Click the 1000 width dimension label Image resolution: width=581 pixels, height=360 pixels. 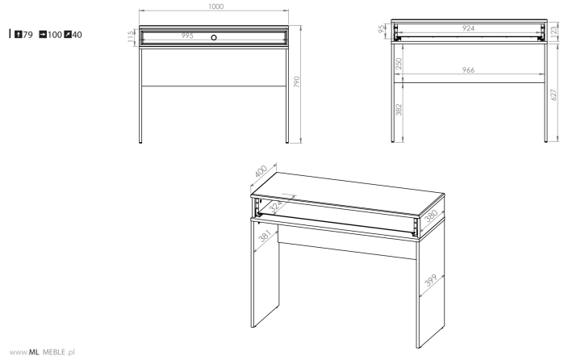[x=215, y=6]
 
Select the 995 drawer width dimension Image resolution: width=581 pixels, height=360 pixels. [x=187, y=36]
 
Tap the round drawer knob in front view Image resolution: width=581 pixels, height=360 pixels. [x=214, y=37]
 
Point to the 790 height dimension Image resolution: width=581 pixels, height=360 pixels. [x=296, y=82]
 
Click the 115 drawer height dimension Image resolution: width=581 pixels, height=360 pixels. [x=131, y=36]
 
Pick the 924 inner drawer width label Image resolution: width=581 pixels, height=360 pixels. [x=468, y=28]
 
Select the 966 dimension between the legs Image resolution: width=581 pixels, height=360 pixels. [x=468, y=69]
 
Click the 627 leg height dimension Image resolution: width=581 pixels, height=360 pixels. [x=554, y=95]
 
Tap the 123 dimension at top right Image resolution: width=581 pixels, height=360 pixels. [x=554, y=30]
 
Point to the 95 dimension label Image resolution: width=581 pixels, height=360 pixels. [x=382, y=29]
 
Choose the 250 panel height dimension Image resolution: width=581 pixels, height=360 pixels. [x=399, y=64]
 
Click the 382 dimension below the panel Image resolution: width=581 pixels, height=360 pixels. [x=399, y=109]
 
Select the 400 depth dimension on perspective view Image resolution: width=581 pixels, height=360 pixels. [x=261, y=171]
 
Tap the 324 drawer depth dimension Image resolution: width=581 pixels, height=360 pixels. [x=276, y=206]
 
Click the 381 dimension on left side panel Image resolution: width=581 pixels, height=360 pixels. [x=265, y=236]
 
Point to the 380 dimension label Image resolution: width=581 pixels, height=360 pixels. [x=431, y=216]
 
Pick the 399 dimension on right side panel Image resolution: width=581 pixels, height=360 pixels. [x=431, y=280]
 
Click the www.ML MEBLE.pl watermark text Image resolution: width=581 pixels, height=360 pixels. [x=42, y=352]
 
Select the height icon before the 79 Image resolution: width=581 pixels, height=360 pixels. [x=18, y=35]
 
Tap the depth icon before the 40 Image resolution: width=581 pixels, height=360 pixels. [x=68, y=35]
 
